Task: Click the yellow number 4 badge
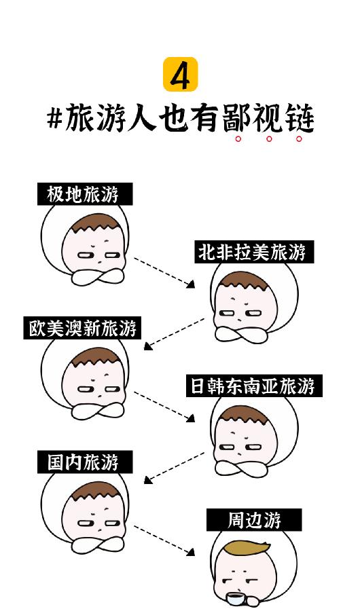180,75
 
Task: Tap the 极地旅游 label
85,194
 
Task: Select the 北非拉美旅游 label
254,252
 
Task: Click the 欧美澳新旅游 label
82,328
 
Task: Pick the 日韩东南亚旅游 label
254,386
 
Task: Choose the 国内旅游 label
85,462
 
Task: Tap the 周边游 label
254,520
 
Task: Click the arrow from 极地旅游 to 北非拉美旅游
164,272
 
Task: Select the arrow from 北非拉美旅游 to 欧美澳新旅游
174,334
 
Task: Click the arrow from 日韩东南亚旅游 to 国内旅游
174,468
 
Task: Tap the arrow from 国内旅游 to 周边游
164,540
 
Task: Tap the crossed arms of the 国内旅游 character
98,544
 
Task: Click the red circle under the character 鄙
238,138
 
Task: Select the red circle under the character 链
299,138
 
